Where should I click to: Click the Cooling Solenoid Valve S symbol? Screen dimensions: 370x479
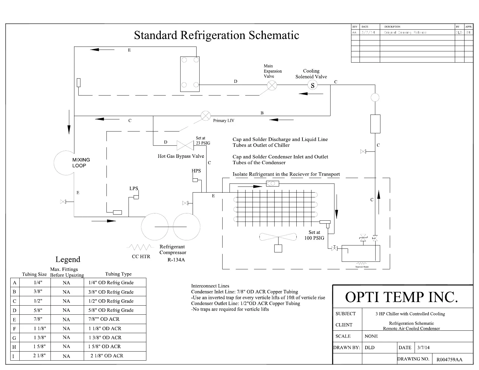click(312, 86)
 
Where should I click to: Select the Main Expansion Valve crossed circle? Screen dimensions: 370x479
click(272, 86)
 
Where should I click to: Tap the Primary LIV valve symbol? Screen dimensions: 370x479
click(206, 116)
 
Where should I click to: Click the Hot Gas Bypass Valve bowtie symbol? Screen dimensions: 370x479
click(185, 146)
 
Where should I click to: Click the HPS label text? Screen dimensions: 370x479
click(196, 171)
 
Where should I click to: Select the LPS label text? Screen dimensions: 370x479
click(134, 188)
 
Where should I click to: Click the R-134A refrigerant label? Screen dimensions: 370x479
click(176, 260)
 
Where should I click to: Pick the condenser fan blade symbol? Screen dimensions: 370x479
click(278, 237)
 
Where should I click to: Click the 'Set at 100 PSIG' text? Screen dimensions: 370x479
click(314, 235)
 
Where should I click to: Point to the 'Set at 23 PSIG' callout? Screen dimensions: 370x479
click(203, 141)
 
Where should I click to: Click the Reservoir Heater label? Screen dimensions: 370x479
click(362, 267)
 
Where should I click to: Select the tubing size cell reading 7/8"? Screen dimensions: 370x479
click(38, 319)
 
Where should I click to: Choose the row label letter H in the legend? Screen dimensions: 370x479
click(14, 347)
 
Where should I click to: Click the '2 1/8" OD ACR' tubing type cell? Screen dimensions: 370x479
click(107, 356)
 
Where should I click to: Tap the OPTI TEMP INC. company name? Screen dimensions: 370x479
click(402, 297)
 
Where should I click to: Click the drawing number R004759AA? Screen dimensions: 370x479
click(449, 360)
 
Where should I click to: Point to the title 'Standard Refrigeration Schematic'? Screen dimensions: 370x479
click(217, 35)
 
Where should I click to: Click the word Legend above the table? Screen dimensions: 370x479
click(68, 259)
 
